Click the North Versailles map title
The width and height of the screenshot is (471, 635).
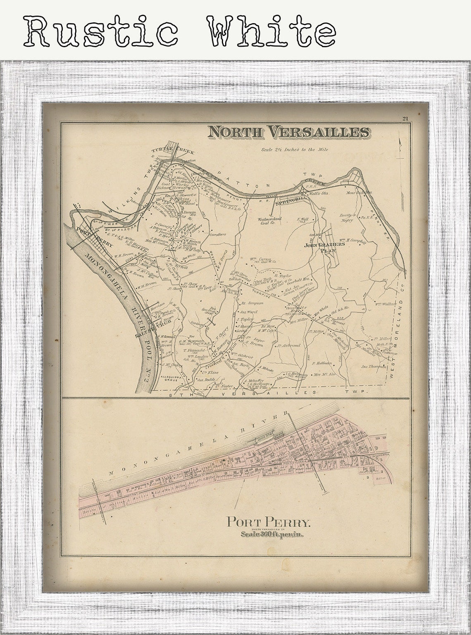click(x=289, y=132)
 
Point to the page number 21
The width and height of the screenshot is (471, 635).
click(x=405, y=119)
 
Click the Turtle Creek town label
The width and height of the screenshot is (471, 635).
click(x=172, y=152)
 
